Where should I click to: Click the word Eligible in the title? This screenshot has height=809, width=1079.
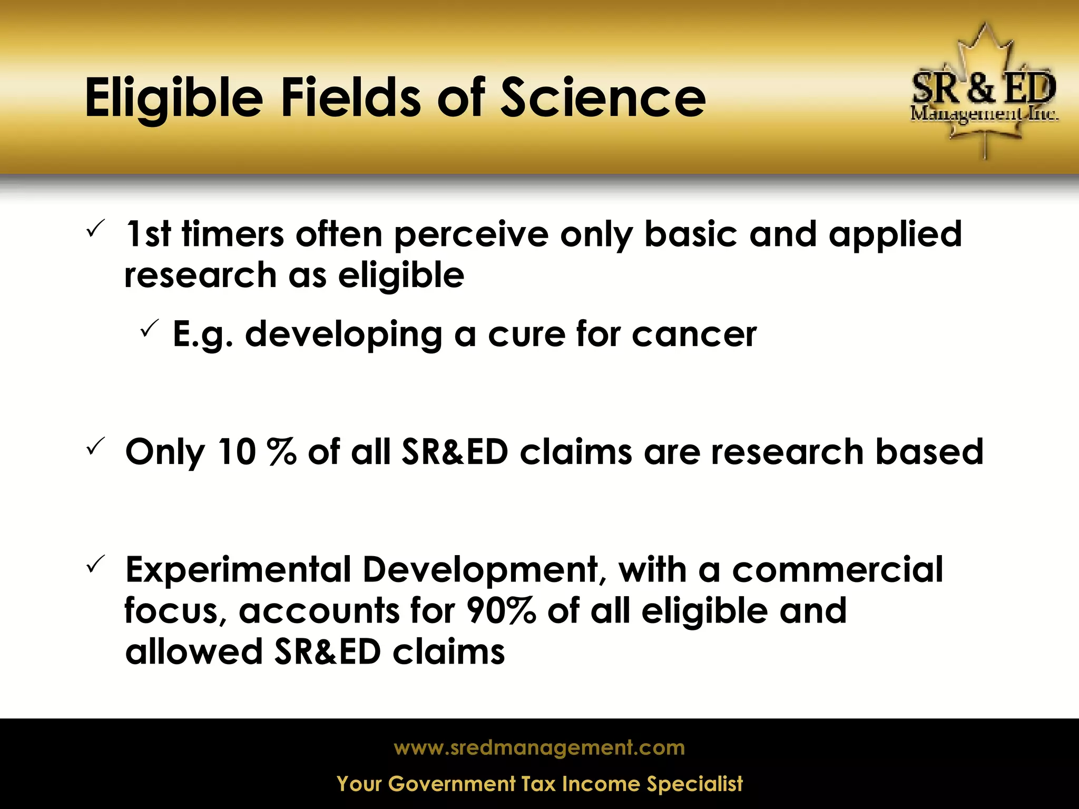coord(174,98)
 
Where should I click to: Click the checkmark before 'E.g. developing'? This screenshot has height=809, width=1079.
coord(150,329)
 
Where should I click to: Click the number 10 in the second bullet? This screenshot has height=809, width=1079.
coord(237,452)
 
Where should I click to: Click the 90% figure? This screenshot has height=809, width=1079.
coord(501,611)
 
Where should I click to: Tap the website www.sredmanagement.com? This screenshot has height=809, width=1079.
coord(539,747)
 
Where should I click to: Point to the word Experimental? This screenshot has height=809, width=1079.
coord(238,570)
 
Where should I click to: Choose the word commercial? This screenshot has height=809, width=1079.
coord(837,570)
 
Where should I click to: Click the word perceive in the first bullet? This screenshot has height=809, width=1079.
coord(471,235)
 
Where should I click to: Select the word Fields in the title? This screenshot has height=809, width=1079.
coord(350,97)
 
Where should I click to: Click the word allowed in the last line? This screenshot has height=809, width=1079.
coord(193,652)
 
